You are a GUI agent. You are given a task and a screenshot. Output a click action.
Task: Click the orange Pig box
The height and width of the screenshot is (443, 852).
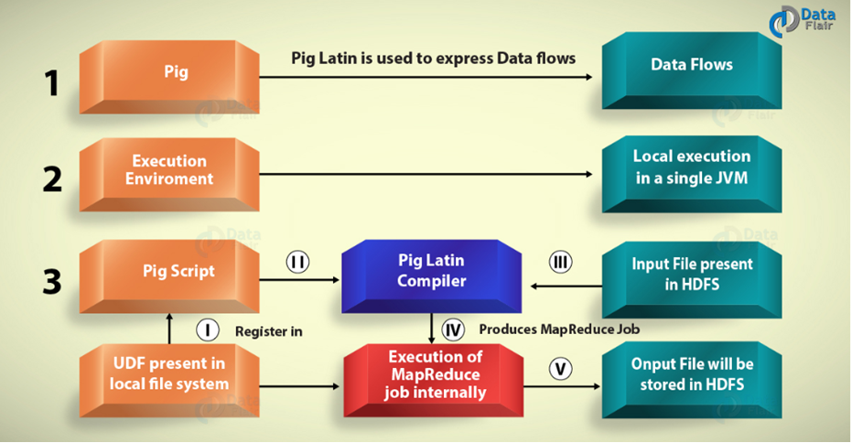(x=169, y=77)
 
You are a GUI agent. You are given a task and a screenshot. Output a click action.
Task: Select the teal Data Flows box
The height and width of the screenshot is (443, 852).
(x=692, y=70)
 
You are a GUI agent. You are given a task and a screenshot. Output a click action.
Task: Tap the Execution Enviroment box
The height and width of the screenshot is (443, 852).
(x=169, y=174)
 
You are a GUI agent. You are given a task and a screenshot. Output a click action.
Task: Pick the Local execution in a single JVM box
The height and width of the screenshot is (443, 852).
(x=692, y=174)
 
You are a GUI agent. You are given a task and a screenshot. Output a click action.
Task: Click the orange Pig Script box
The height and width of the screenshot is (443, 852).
(x=169, y=276)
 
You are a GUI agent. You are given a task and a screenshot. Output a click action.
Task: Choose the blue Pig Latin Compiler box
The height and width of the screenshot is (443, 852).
(x=431, y=276)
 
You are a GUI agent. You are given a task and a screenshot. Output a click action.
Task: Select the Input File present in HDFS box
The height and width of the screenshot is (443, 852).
(x=692, y=280)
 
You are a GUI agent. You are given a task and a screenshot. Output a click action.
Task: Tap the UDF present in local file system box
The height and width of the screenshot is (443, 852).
(x=169, y=381)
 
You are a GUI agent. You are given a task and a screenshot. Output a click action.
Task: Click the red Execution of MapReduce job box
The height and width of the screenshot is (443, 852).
(x=434, y=381)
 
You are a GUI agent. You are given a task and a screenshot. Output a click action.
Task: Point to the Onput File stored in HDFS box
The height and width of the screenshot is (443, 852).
(x=692, y=380)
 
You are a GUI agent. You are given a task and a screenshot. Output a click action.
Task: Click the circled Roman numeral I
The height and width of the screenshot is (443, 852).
(x=208, y=330)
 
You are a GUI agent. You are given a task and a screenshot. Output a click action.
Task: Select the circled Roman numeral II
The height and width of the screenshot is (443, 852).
(x=297, y=262)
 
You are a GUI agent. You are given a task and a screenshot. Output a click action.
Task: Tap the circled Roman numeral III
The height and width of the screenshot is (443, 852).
(x=560, y=262)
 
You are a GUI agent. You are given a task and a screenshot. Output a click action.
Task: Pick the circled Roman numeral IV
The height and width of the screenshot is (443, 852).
(x=453, y=330)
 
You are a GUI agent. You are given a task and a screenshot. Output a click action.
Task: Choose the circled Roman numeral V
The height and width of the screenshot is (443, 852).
(x=560, y=369)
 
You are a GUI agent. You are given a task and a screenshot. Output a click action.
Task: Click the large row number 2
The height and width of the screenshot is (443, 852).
(x=52, y=179)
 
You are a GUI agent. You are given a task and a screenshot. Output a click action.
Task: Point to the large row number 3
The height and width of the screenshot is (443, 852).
(x=52, y=282)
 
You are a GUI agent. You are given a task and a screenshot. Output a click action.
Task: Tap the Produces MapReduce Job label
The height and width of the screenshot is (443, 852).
(x=559, y=330)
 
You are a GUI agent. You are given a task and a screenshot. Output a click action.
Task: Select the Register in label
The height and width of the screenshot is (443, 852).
(x=268, y=331)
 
